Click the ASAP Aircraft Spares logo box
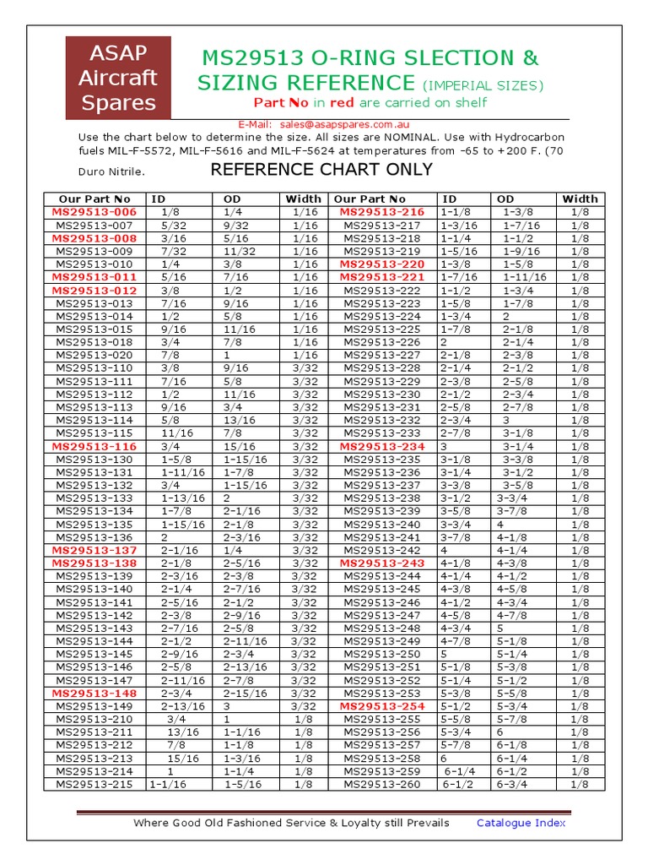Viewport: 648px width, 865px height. [x=118, y=78]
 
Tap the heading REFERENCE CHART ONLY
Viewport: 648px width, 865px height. [x=321, y=170]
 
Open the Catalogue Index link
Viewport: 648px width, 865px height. [x=521, y=823]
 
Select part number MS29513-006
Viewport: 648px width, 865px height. [x=94, y=212]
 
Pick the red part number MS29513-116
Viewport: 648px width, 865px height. [x=94, y=446]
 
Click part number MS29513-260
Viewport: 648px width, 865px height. [x=381, y=784]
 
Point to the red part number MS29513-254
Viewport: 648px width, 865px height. [x=381, y=706]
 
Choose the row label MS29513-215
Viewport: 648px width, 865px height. [x=94, y=784]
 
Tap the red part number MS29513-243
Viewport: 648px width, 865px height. [x=381, y=563]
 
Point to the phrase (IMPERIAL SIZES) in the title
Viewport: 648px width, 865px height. [x=483, y=85]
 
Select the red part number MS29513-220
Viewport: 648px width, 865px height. [x=381, y=264]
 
